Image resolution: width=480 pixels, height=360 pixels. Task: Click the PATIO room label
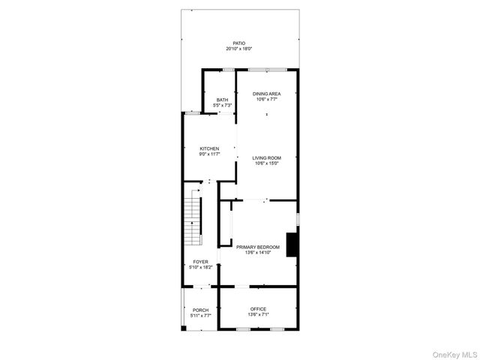tap(239, 43)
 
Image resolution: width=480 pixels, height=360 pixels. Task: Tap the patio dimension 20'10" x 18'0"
tap(239, 49)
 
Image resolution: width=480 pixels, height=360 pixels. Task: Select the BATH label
tap(222, 100)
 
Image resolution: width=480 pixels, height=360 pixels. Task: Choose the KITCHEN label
tap(209, 148)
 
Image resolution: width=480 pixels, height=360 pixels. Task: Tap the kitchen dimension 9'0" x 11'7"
tap(209, 154)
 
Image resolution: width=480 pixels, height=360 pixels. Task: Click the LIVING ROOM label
tap(266, 157)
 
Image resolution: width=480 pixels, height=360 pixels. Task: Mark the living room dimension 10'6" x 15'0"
tap(266, 163)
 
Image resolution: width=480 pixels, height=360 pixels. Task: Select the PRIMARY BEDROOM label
tap(258, 247)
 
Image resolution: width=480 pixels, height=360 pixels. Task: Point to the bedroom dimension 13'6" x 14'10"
tap(258, 252)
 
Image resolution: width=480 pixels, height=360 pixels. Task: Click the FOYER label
tap(200, 262)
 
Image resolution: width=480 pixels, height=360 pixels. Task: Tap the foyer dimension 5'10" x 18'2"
tap(200, 267)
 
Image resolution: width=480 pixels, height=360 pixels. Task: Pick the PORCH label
tap(200, 310)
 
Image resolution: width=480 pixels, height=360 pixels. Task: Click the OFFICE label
tap(258, 309)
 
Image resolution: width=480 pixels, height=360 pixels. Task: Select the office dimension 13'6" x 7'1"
tap(258, 314)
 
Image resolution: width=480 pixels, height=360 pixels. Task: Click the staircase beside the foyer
tap(193, 222)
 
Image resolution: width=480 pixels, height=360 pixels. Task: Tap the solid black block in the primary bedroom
tap(295, 244)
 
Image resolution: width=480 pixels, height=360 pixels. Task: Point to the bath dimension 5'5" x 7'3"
tap(222, 105)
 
